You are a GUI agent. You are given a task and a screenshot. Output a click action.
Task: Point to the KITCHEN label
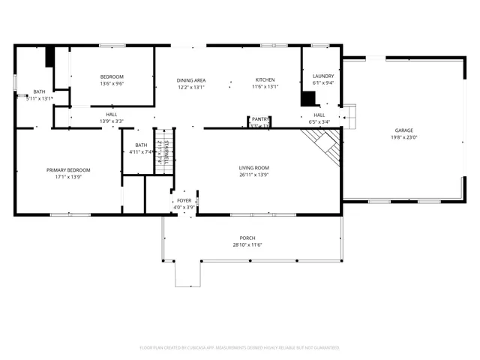point(265,80)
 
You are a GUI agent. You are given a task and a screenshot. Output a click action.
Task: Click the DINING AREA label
point(191,80)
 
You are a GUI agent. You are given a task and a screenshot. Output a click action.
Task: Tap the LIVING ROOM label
point(254,168)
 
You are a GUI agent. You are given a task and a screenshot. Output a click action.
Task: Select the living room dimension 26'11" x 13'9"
point(254,175)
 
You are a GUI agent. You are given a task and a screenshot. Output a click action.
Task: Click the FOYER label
point(184,201)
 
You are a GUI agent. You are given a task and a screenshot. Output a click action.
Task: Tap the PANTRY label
point(260,119)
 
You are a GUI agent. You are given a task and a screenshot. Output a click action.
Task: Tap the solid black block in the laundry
point(307,98)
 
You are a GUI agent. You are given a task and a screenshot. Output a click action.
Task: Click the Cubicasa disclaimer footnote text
point(239,347)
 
